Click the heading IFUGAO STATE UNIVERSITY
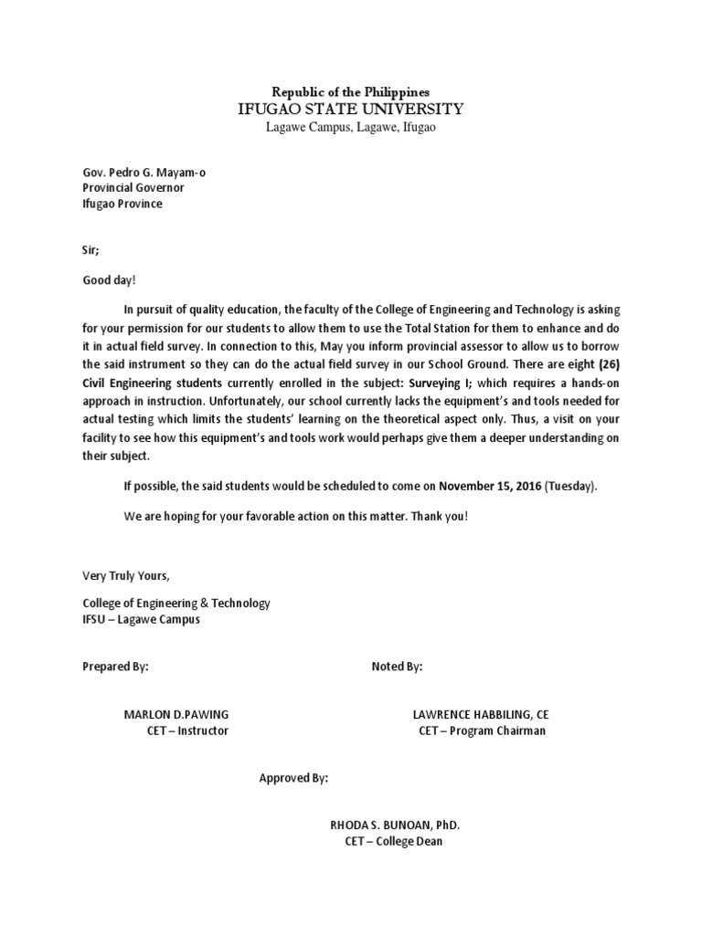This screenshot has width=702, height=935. pyautogui.click(x=351, y=110)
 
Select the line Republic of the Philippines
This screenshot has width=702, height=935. pyautogui.click(x=351, y=92)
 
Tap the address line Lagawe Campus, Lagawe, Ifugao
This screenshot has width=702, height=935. pyautogui.click(x=351, y=128)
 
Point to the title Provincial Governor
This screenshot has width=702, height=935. pyautogui.click(x=133, y=187)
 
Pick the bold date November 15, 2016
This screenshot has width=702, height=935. pyautogui.click(x=490, y=486)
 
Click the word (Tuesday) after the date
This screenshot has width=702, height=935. pyautogui.click(x=570, y=486)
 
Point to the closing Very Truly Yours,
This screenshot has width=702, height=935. pyautogui.click(x=126, y=575)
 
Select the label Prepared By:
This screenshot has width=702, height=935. pyautogui.click(x=115, y=667)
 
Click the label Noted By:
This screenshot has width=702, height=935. pyautogui.click(x=397, y=667)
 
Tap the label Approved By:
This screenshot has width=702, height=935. pyautogui.click(x=293, y=778)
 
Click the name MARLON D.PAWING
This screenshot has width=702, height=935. pyautogui.click(x=176, y=714)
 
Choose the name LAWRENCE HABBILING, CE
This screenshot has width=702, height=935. pyautogui.click(x=482, y=714)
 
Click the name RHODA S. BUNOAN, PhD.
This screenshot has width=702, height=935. pyautogui.click(x=395, y=825)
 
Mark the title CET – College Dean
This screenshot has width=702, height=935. pyautogui.click(x=394, y=841)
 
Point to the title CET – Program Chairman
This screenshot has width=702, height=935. pyautogui.click(x=482, y=731)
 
